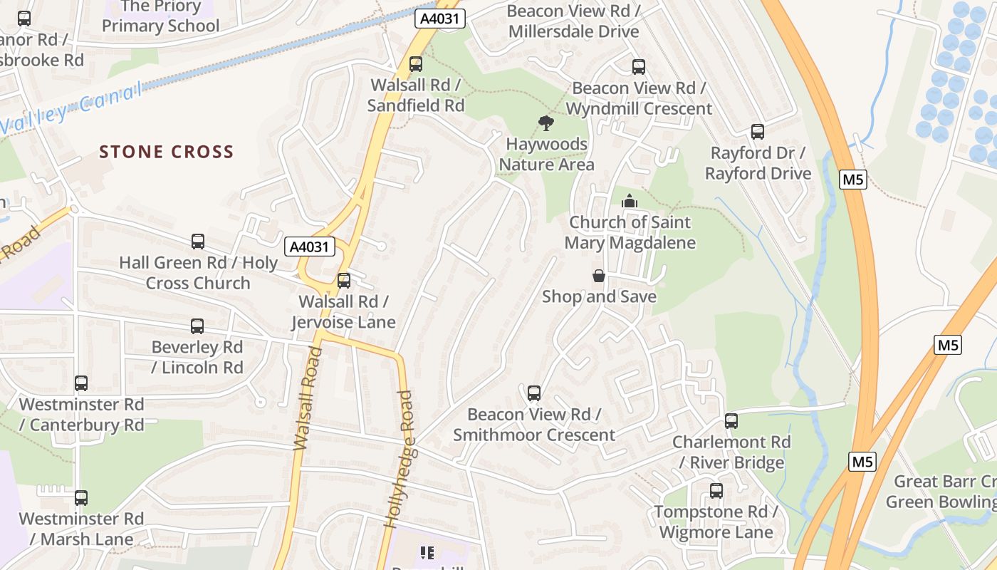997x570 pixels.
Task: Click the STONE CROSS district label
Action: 166,152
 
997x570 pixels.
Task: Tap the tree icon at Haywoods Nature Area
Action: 546,123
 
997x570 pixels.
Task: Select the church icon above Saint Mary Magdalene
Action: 629,202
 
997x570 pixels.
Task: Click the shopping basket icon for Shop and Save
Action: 599,276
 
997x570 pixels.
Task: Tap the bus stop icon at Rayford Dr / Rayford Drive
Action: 758,132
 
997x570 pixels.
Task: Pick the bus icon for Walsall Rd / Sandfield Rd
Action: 416,64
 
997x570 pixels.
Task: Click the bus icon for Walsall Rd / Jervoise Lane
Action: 344,281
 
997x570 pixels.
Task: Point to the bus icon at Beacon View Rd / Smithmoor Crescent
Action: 534,393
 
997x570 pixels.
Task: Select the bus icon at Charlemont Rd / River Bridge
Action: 731,421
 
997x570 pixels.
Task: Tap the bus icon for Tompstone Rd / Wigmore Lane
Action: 716,491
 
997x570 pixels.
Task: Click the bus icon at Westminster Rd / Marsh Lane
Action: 81,497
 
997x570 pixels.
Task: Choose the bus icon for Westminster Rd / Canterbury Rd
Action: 81,383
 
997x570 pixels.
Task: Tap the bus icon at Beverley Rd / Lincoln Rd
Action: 197,326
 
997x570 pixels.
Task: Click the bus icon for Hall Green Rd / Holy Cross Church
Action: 198,242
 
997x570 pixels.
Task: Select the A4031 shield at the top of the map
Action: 440,19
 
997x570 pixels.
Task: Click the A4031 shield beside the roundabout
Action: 310,247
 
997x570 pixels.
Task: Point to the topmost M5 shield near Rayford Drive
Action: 853,180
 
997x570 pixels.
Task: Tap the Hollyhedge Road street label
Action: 399,459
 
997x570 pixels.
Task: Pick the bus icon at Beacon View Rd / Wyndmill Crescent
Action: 639,67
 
